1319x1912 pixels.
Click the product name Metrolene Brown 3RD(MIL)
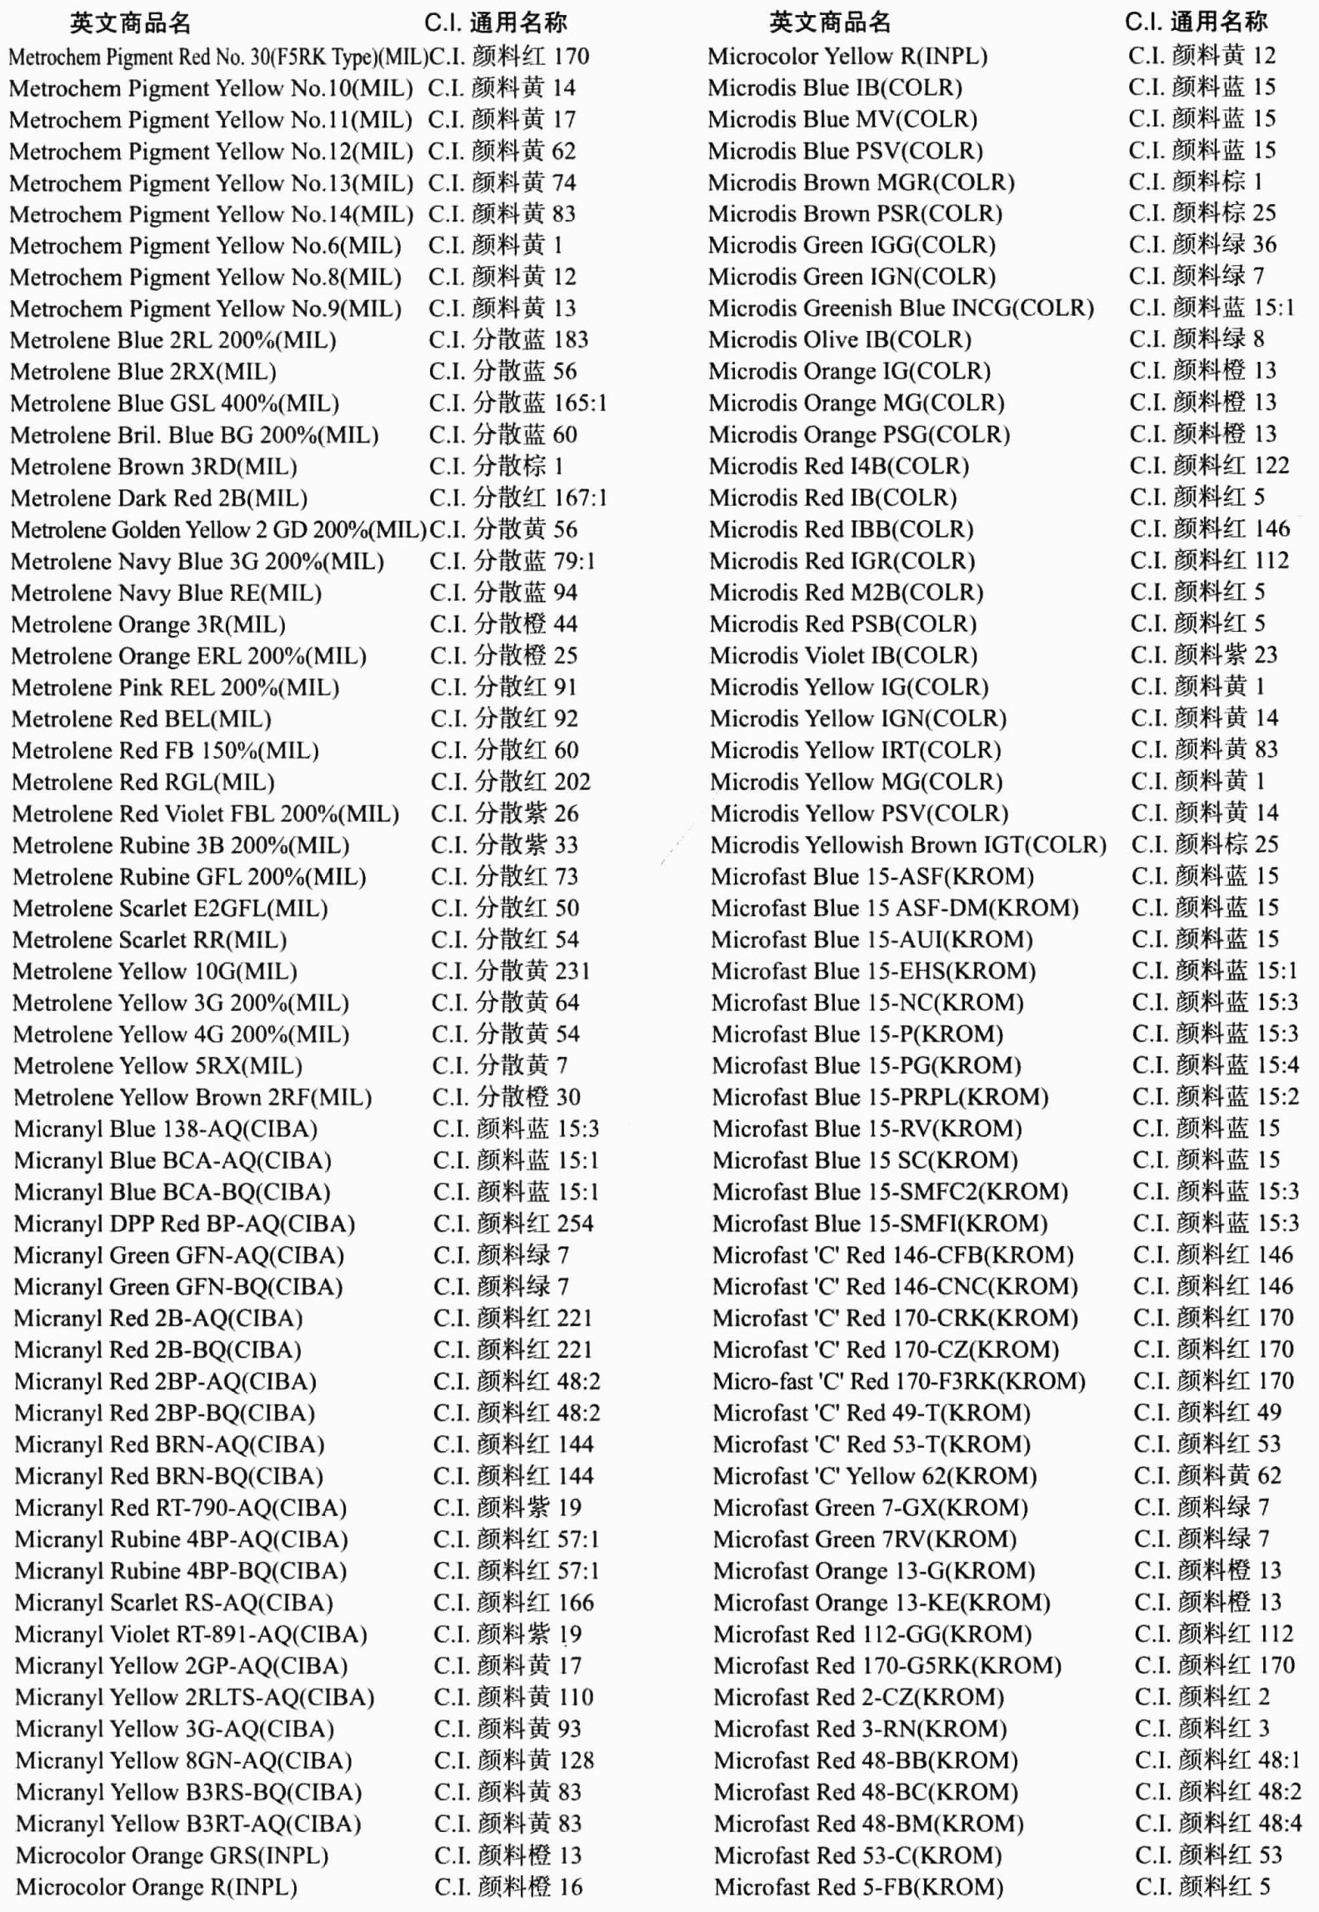pos(153,467)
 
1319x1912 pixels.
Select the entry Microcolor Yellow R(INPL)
pos(847,57)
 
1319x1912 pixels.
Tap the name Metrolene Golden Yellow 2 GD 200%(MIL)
pos(218,530)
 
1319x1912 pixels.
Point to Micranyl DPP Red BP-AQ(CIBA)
pos(184,1224)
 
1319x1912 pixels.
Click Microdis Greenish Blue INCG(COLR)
pos(901,308)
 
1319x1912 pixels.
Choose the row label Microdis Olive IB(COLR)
pos(840,340)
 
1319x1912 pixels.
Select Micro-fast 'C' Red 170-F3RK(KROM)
pos(898,1381)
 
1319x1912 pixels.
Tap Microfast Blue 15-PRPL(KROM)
pos(880,1097)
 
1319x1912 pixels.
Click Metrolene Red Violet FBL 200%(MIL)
pos(205,813)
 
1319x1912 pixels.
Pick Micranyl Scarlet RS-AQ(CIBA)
pos(173,1602)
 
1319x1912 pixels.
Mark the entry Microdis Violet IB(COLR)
pos(843,655)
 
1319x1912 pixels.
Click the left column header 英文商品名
pos(130,23)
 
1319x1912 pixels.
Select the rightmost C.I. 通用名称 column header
pos(1196,22)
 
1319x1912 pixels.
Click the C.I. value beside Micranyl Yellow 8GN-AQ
pos(513,1759)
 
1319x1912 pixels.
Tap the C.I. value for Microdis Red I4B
pos(1209,465)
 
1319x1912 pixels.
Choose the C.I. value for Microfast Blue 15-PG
pos(1215,1065)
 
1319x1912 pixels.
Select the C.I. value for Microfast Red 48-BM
pos(1217,1823)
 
